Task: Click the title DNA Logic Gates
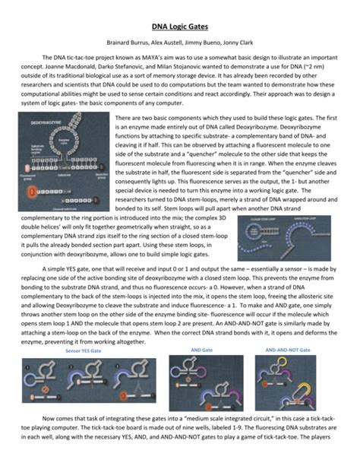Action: (x=179, y=25)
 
